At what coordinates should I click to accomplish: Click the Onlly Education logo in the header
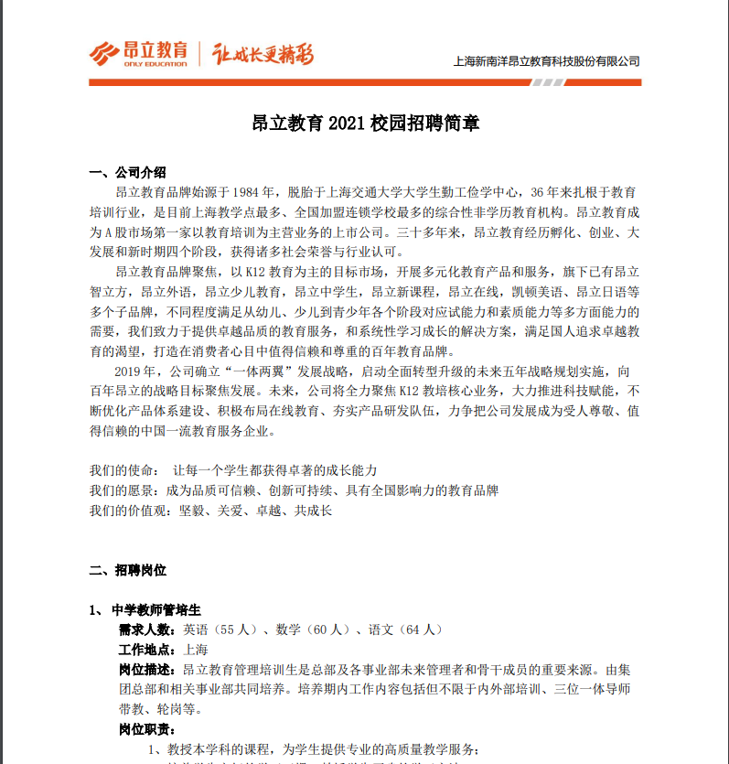pos(138,53)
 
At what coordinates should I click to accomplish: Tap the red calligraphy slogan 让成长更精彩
pos(263,54)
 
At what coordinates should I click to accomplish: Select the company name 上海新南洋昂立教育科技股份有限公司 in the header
pos(546,61)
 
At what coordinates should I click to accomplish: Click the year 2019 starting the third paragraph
pos(134,371)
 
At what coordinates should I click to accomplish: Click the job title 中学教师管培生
pos(155,609)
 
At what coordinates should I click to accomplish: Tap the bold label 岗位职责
pos(145,728)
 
